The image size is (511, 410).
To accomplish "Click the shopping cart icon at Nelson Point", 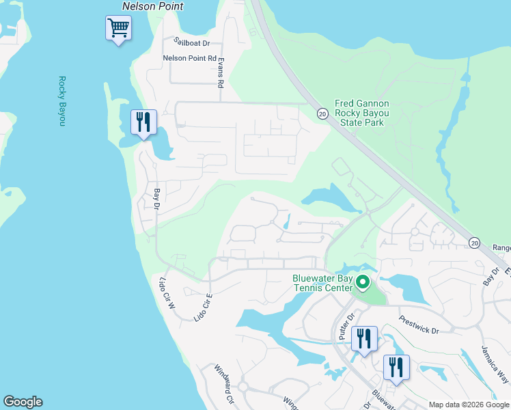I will [x=118, y=29].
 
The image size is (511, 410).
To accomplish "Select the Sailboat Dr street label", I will [x=191, y=43].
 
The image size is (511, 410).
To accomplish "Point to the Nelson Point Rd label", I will [x=189, y=58].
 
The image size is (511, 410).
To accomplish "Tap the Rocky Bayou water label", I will [x=61, y=100].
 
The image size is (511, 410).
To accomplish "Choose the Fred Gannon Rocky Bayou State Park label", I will [x=362, y=113].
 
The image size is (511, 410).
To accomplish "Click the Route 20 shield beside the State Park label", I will [x=322, y=114].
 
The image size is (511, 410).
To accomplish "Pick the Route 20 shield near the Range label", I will [x=475, y=243].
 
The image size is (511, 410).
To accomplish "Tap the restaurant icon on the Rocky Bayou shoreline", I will [x=143, y=122].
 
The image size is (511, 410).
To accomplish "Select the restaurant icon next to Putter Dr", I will [x=363, y=338].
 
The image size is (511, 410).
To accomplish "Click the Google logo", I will [x=23, y=402].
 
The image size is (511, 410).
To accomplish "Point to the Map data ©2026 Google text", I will [x=468, y=405].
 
